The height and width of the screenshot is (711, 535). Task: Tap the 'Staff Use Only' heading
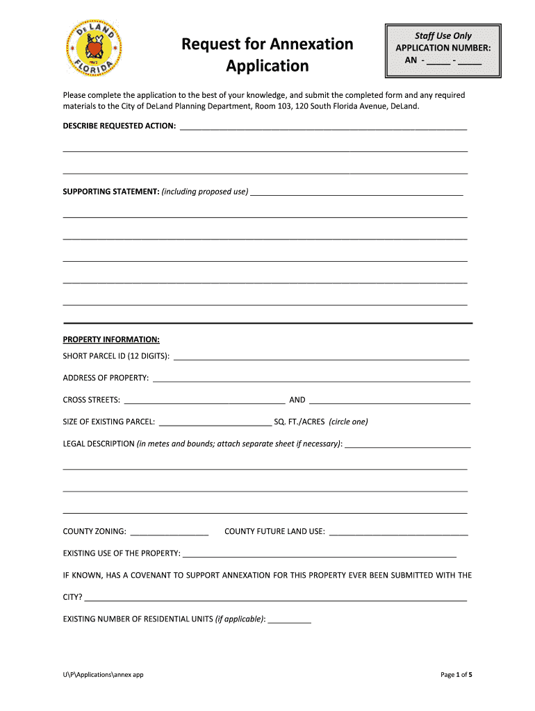tap(443, 35)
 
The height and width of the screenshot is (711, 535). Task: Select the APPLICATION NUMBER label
tap(443, 48)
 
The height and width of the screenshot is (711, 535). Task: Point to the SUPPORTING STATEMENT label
tap(111, 192)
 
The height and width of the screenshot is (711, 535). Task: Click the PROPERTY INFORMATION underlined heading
tap(111, 340)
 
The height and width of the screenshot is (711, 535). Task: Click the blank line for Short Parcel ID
tap(321, 357)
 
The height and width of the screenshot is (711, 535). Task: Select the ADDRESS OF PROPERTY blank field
tap(311, 378)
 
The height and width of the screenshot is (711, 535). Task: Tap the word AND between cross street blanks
tap(297, 400)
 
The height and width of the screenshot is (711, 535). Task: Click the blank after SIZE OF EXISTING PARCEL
tap(215, 421)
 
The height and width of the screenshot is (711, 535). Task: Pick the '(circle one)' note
tap(348, 421)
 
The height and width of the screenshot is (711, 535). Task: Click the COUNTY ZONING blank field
tap(169, 532)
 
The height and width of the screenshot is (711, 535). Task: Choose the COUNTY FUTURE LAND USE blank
tap(398, 532)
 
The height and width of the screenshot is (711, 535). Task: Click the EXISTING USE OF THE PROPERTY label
tap(122, 553)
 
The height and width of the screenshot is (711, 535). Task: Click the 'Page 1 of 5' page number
tap(456, 674)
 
